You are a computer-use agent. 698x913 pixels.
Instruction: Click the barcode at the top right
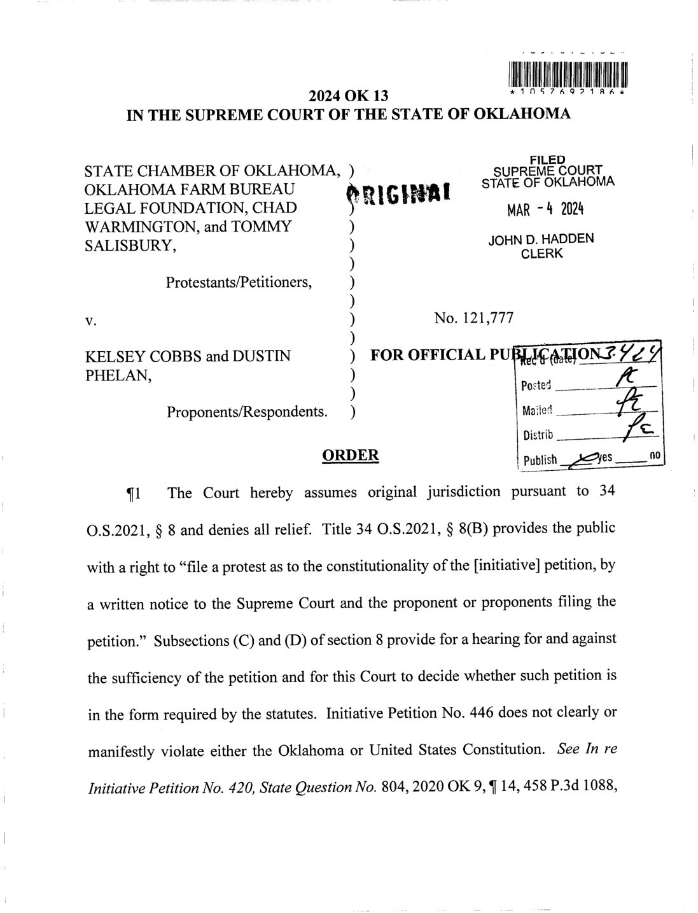(x=569, y=74)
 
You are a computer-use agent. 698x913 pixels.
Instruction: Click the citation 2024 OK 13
(x=348, y=97)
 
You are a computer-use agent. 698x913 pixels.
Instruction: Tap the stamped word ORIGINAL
(x=398, y=193)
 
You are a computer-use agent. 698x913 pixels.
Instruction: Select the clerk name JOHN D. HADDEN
(x=541, y=240)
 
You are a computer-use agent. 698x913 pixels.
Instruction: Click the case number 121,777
(x=473, y=317)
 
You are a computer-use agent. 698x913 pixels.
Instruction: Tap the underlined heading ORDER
(x=351, y=455)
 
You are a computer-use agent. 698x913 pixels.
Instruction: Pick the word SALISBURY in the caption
(x=130, y=246)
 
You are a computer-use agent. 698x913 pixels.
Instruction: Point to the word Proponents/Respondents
(x=248, y=412)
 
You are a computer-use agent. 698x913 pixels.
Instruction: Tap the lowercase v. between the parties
(x=90, y=320)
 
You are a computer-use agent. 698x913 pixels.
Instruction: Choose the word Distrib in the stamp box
(x=538, y=436)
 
